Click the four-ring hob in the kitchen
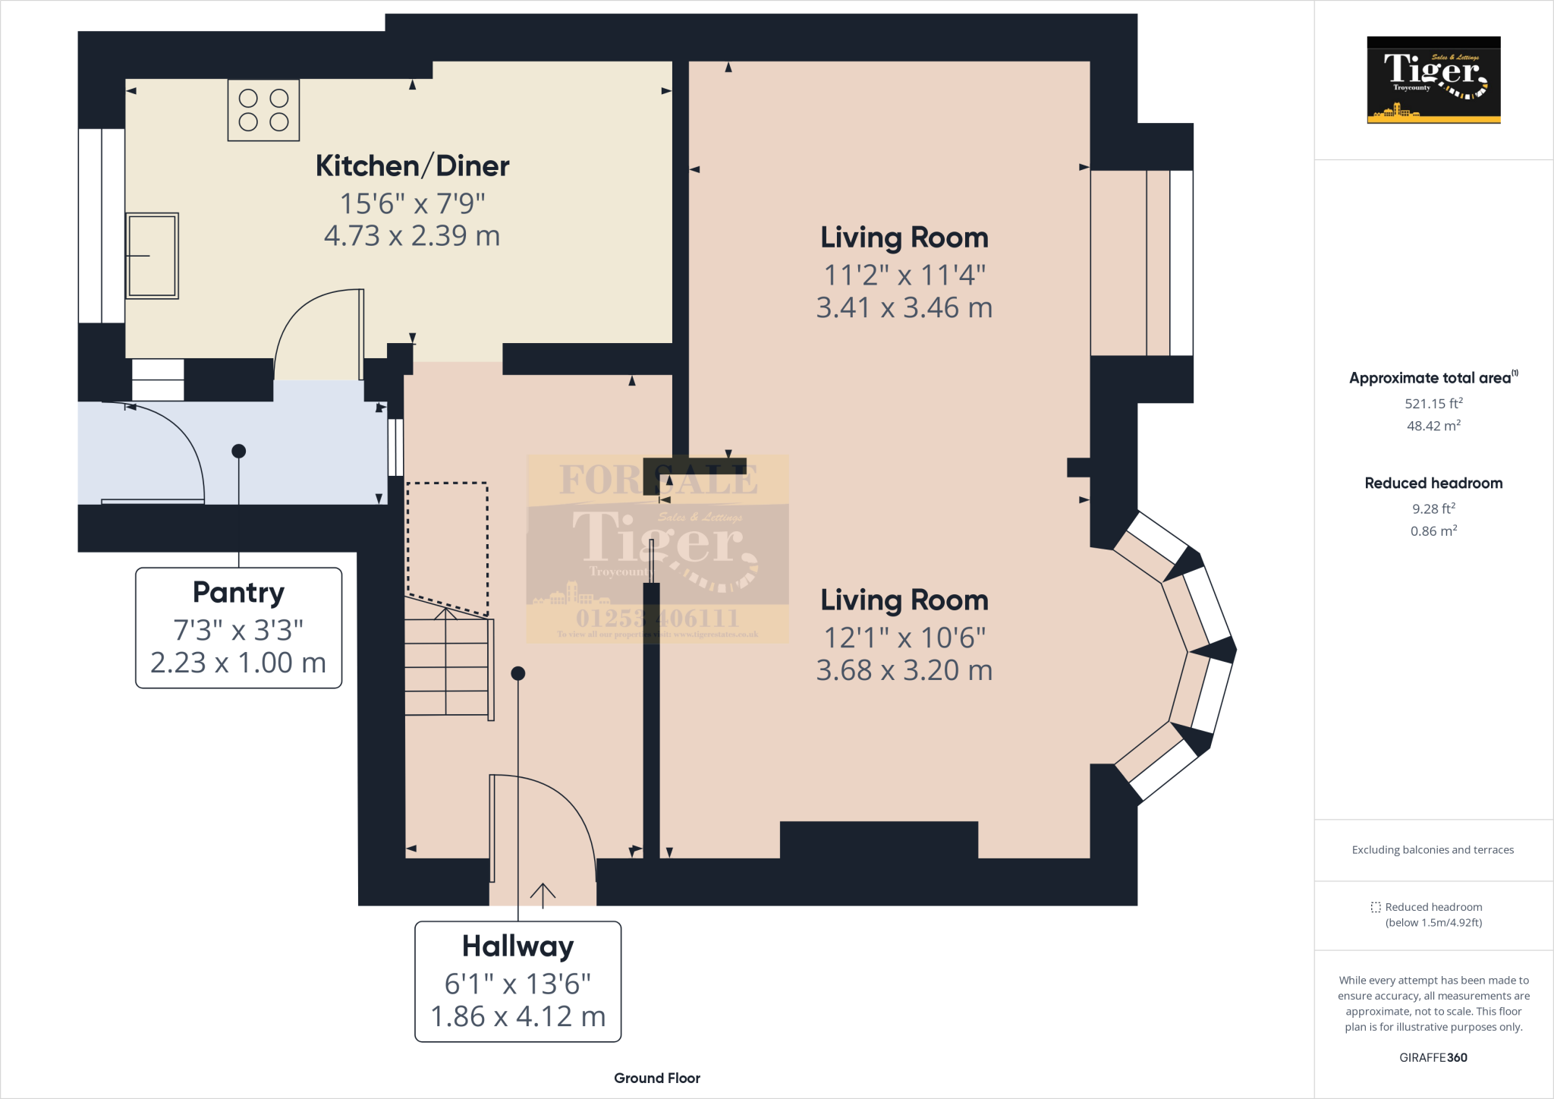point(263,110)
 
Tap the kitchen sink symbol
point(152,256)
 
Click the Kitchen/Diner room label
point(412,165)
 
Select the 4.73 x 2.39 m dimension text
point(412,236)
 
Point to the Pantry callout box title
point(238,592)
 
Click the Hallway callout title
point(517,946)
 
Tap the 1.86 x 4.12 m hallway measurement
point(517,1016)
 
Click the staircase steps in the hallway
point(448,668)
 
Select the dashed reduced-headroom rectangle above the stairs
point(447,546)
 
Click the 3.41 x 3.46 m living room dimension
point(904,308)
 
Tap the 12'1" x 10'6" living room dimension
point(904,638)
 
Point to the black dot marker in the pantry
point(239,451)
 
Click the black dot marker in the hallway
point(518,673)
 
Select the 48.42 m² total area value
point(1433,426)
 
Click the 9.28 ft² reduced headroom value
point(1433,509)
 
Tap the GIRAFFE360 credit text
point(1433,1057)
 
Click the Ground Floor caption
point(656,1078)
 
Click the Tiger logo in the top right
point(1433,80)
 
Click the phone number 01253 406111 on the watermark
point(657,619)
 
